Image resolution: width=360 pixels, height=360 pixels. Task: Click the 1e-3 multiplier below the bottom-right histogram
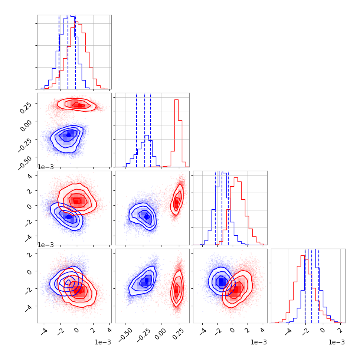click(x=336, y=342)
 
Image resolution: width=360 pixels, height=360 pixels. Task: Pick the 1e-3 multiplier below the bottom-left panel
click(x=102, y=342)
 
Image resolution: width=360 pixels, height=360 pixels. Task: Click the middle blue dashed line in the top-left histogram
click(x=68, y=52)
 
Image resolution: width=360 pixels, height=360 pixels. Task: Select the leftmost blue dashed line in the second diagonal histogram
click(x=137, y=130)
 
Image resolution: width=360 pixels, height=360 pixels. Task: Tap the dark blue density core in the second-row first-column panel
click(x=68, y=135)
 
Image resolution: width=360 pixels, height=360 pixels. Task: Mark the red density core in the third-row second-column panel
click(x=176, y=203)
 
